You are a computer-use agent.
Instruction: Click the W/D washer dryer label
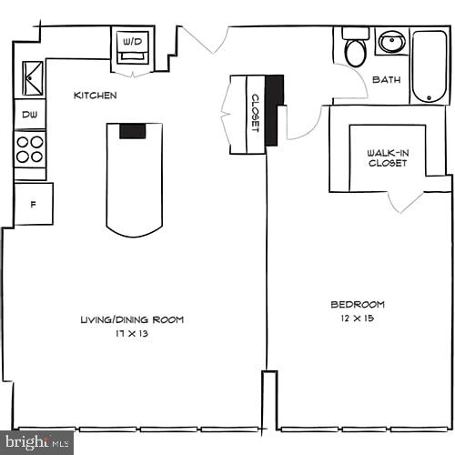132,41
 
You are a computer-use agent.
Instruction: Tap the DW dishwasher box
29,115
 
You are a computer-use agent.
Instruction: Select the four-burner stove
30,149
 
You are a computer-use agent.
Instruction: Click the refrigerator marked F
33,204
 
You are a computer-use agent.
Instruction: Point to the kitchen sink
32,76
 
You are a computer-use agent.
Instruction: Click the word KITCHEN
95,96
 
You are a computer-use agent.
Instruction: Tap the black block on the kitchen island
133,130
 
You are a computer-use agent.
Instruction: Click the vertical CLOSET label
256,114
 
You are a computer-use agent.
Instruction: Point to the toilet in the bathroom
355,50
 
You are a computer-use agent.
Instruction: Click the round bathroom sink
392,43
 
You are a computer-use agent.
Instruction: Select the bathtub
429,66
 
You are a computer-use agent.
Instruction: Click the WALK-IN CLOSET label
388,158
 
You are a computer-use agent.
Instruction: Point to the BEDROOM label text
358,304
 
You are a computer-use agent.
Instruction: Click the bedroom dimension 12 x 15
358,318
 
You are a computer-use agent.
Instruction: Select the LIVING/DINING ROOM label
132,319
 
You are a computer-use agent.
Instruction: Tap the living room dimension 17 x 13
133,334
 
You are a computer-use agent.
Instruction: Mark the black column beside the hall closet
276,92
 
